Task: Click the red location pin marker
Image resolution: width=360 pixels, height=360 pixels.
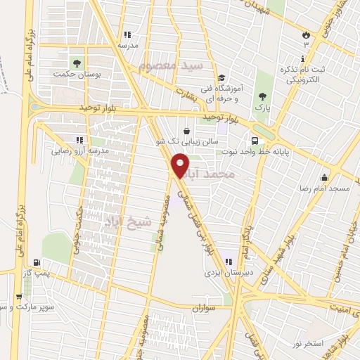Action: point(181,166)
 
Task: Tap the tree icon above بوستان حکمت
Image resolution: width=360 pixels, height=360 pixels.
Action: point(76,62)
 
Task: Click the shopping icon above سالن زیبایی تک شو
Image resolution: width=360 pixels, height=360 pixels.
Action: point(186,131)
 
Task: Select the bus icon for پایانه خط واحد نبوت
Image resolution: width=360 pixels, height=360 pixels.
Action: point(255,139)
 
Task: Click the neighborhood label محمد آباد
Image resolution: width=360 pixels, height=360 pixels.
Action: point(211,172)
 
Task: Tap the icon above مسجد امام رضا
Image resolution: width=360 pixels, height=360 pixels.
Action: point(324,178)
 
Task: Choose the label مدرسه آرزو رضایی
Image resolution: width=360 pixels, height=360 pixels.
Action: point(77,150)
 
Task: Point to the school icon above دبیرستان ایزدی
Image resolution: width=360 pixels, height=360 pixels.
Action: point(228,261)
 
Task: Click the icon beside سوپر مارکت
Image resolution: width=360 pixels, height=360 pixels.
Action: point(19,297)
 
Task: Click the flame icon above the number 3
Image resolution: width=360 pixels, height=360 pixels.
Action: point(305,34)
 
